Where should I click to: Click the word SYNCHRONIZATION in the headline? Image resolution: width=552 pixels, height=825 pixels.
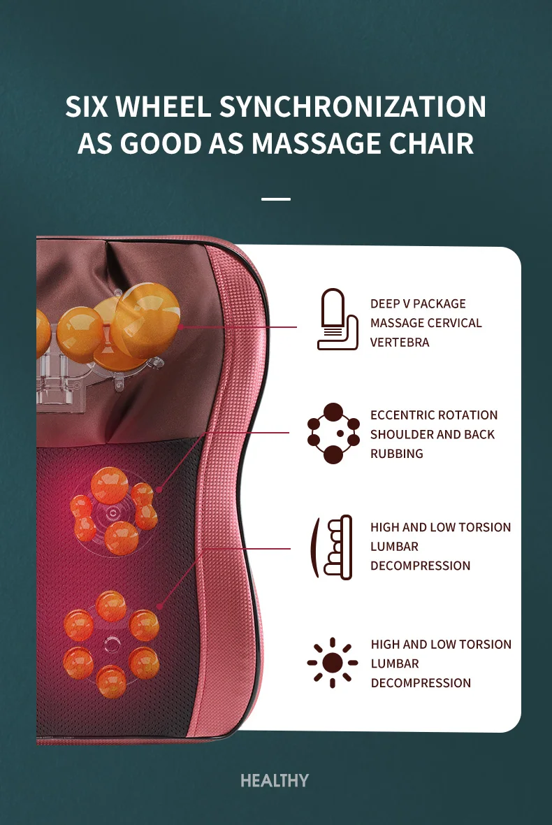353,107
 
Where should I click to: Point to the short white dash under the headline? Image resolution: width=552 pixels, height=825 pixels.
276,199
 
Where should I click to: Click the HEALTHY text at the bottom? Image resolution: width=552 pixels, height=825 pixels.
275,780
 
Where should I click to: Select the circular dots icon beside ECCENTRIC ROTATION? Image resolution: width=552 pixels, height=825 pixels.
333,433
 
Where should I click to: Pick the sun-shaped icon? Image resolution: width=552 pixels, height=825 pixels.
333,662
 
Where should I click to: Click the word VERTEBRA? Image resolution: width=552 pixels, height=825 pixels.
400,343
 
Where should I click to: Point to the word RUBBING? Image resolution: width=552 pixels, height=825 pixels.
397,454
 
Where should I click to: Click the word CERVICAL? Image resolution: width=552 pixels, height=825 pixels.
455,323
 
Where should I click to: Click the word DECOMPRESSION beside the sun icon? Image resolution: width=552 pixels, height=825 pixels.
421,683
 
